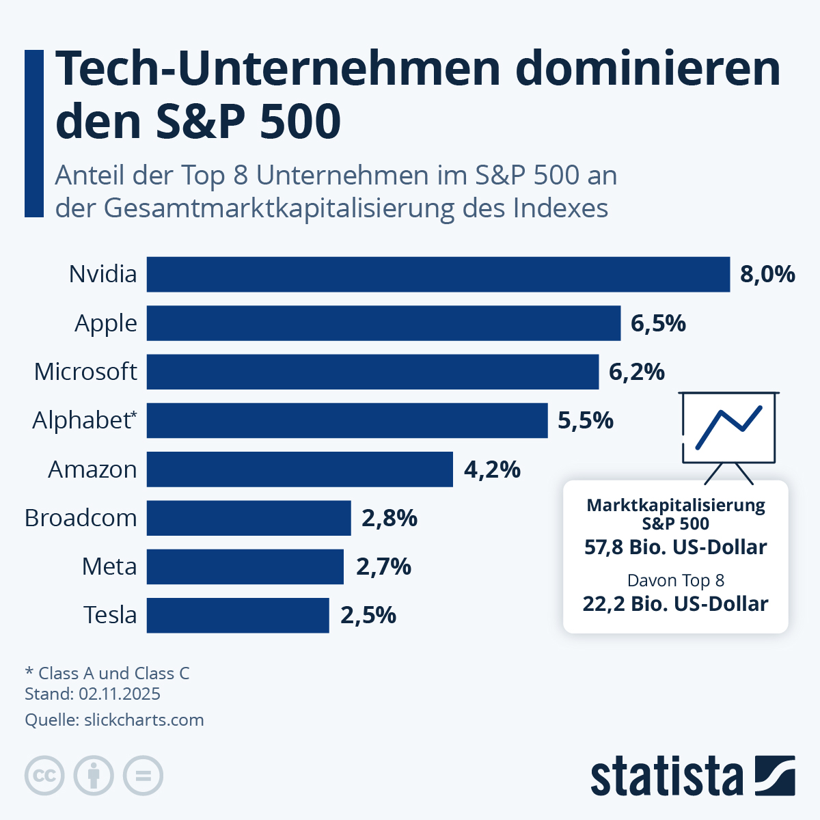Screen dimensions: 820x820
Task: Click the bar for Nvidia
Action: point(438,274)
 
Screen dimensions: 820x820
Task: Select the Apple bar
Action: point(383,323)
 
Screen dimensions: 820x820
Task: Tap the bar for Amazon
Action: point(299,469)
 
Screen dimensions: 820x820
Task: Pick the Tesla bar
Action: point(238,615)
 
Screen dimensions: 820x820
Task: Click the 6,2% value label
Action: point(636,372)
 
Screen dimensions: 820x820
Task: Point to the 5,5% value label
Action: point(586,420)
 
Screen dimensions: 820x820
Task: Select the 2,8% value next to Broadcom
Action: point(389,518)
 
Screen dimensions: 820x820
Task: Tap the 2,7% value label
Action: point(383,566)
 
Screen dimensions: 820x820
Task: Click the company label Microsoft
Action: point(85,372)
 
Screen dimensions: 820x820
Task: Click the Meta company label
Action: point(109,566)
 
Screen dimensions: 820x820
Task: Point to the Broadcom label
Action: point(81,518)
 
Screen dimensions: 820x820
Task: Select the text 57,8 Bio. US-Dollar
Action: point(675,547)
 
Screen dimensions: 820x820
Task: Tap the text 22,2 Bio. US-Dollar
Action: point(675,604)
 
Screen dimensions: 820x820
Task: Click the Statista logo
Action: point(692,776)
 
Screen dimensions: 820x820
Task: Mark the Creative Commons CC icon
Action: point(44,776)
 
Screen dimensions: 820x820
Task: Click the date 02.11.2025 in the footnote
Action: point(120,694)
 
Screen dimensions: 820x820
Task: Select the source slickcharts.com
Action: point(143,720)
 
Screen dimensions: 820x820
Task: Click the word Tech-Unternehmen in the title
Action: point(277,68)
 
